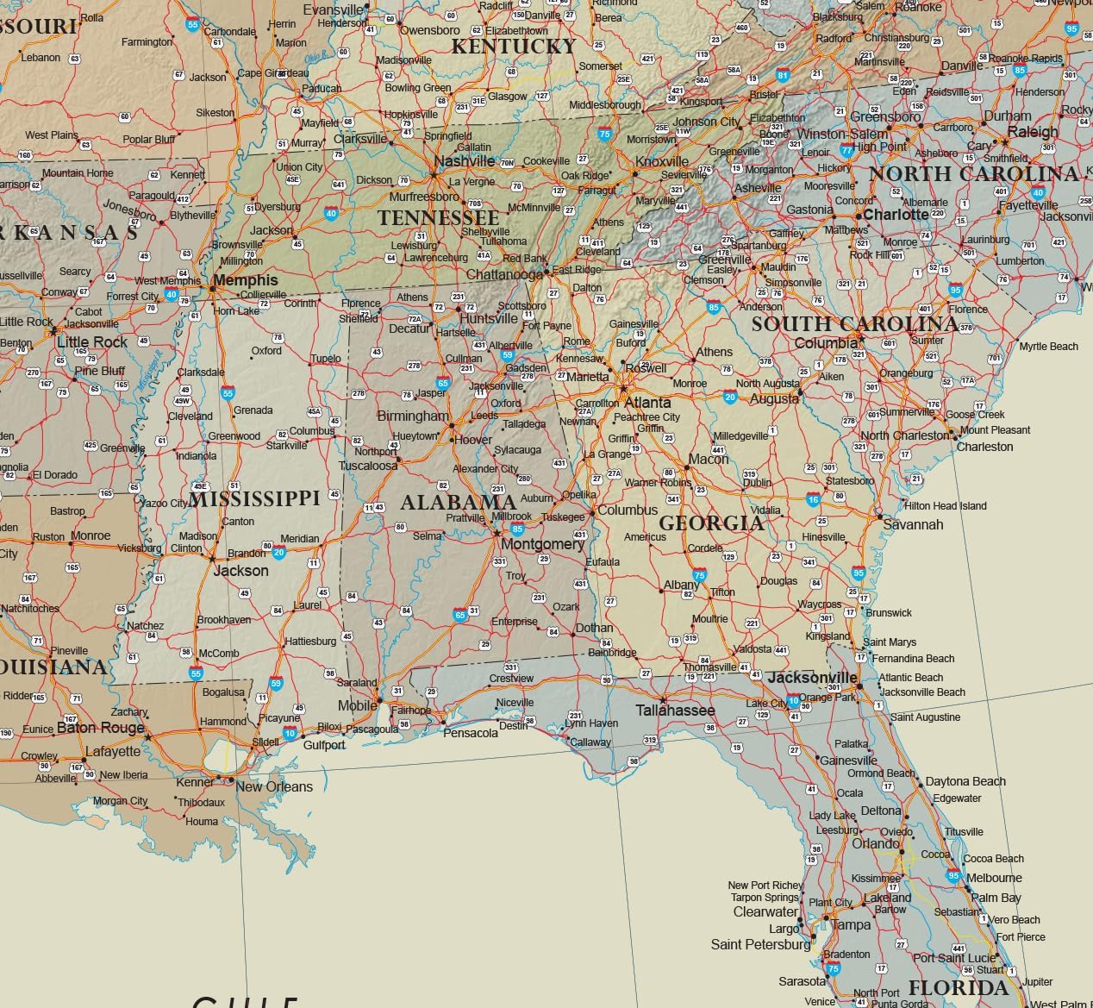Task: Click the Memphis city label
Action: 245,280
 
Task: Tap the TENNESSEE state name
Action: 438,217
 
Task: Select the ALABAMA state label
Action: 458,502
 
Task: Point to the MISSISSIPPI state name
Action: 254,498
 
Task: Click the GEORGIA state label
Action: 711,523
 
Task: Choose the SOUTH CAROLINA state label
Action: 854,324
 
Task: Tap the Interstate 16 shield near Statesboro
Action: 813,499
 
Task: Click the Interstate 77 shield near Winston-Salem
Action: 846,150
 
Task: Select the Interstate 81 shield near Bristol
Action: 783,76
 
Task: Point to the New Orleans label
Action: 274,786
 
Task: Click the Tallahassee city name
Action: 675,711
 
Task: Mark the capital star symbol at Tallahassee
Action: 663,699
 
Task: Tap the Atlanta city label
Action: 646,403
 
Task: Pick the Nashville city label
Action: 465,161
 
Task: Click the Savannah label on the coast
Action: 913,524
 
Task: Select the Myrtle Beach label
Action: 1048,347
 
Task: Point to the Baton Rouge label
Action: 100,728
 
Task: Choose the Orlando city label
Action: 875,843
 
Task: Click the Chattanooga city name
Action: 504,275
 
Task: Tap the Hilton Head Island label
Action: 945,506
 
